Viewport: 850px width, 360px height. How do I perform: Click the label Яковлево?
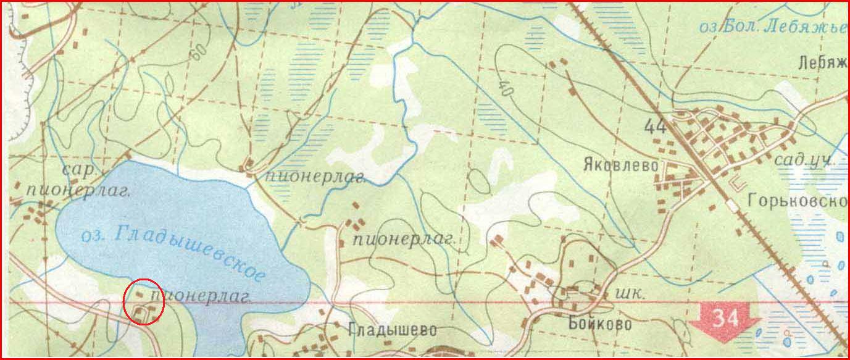tap(620, 165)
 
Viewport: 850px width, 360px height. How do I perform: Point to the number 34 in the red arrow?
tap(725, 318)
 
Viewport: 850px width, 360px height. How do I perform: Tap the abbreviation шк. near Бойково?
tap(631, 295)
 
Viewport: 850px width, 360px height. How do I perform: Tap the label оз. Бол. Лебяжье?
tap(772, 27)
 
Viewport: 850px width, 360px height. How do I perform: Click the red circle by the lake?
tap(144, 301)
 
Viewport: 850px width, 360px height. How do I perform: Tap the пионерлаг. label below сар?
tap(79, 190)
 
